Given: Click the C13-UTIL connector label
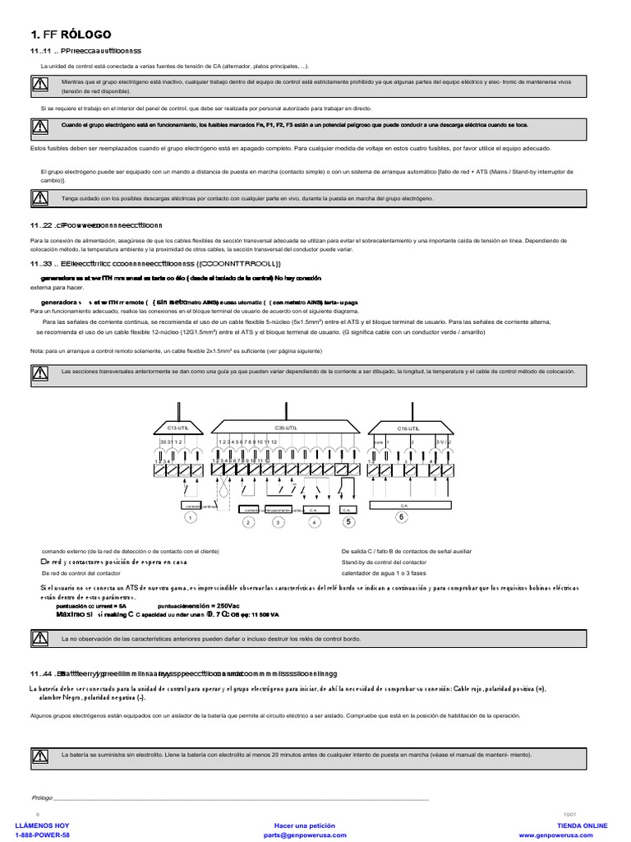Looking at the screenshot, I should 177,428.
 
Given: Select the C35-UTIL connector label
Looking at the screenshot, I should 287,428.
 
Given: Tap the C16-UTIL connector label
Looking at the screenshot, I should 408,428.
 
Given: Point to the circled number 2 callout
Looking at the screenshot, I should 247,521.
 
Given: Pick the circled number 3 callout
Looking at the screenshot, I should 278,521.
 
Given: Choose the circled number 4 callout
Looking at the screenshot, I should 313,521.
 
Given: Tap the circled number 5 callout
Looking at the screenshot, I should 348,520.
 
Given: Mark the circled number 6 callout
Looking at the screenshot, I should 402,516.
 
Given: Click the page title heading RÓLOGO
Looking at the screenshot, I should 75,35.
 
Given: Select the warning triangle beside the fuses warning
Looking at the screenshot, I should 39,125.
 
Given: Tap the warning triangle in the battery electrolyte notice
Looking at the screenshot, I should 39,755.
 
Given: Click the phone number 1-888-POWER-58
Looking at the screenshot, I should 37,835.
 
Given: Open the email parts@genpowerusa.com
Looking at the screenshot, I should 305,835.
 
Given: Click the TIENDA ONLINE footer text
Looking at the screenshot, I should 582,825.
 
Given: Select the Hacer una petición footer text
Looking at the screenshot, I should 305,825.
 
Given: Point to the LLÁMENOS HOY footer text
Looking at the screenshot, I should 37,825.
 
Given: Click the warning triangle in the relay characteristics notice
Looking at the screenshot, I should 39,638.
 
